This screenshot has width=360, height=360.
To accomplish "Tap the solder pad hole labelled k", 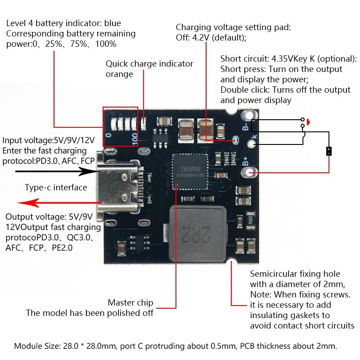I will (252, 144).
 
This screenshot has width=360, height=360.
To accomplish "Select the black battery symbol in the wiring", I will (329, 151).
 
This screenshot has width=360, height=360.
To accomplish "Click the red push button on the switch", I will (309, 121).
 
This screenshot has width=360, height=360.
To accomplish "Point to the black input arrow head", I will (106, 171).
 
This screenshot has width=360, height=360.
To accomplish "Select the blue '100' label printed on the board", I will (135, 139).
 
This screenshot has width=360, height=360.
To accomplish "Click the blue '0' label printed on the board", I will (108, 135).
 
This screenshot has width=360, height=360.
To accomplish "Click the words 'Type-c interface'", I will (56, 188).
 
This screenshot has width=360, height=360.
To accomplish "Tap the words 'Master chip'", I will (130, 302).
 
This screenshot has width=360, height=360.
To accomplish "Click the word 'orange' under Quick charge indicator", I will (119, 74).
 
